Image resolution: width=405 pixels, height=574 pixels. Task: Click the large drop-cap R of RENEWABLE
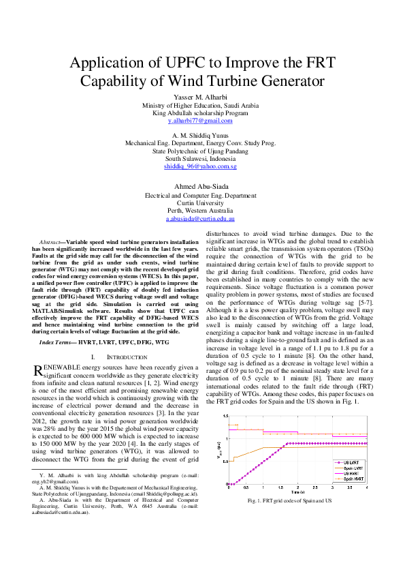(39, 370)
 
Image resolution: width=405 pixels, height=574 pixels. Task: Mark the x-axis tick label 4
(367, 487)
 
